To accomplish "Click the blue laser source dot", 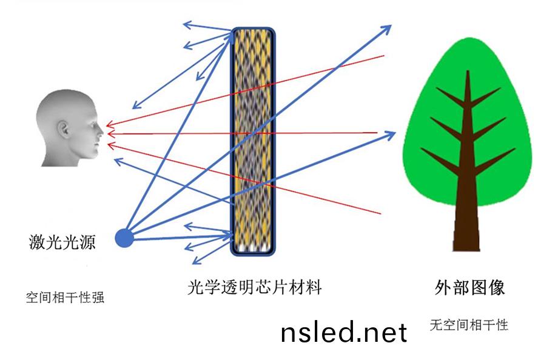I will [124, 238].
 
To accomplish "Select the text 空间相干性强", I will [65, 298].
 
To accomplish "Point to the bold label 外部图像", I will [470, 287].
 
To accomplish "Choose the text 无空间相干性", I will [469, 325].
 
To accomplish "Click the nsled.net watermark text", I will [344, 332].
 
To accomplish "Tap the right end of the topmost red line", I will [383, 56].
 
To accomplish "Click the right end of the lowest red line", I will [381, 213].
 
